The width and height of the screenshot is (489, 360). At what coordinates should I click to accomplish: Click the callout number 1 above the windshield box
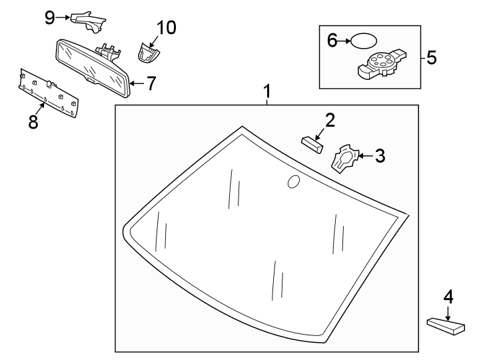point(267,91)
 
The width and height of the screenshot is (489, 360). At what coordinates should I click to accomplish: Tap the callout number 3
point(380,156)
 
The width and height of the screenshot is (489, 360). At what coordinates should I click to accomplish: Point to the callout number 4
point(448,295)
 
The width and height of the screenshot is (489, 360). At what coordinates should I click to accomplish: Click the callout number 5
point(431,57)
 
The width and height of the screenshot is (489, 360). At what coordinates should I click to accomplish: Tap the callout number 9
point(50,17)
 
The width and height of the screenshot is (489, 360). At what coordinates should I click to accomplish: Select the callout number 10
point(166,28)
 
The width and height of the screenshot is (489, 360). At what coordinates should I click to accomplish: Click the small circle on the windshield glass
point(292,181)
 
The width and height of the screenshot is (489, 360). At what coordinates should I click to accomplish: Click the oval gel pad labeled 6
point(364,41)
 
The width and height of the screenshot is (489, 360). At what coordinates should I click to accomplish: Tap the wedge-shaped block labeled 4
point(446,325)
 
